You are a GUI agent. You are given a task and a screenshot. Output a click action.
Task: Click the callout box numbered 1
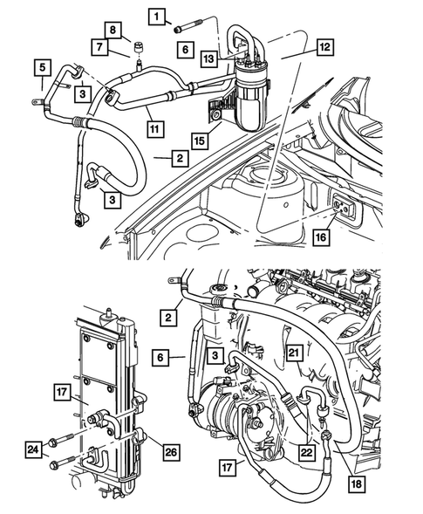[x=157, y=16]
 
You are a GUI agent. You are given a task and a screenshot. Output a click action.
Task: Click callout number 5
[x=41, y=65]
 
